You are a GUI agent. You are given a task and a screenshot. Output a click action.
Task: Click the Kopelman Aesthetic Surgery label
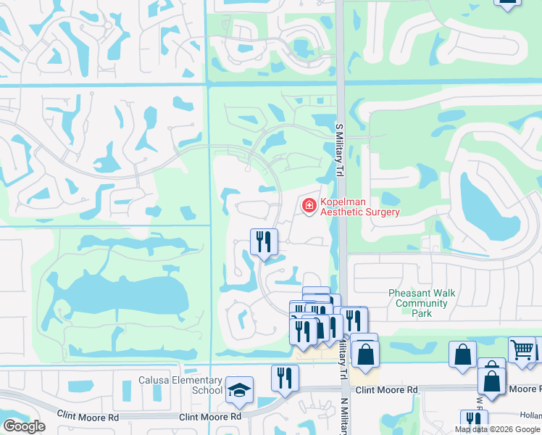359,207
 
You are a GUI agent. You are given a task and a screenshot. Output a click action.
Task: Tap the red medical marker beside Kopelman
309,207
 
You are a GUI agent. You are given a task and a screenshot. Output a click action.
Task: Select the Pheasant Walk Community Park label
422,303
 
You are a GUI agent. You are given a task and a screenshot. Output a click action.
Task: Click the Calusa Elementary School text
180,385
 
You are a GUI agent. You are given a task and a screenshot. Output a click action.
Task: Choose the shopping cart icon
522,349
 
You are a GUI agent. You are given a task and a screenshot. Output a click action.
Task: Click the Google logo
23,426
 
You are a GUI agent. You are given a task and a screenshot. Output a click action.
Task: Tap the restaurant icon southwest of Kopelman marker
264,241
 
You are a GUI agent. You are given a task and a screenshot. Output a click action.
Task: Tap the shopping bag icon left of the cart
462,355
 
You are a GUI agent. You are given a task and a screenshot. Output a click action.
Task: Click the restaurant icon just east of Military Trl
353,320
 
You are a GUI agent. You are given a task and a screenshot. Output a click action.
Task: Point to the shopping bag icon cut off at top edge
508,3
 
